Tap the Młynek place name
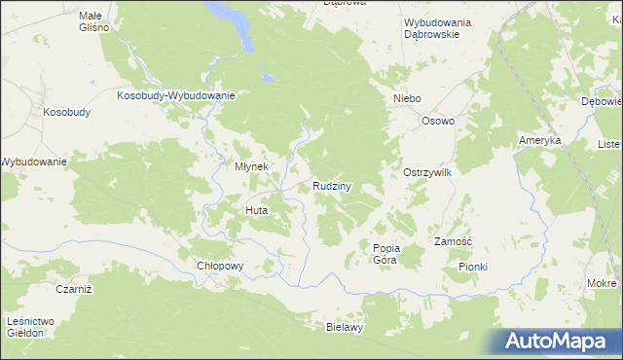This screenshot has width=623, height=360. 250,166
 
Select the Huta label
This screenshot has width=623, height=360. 256,210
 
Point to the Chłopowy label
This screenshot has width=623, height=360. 219,266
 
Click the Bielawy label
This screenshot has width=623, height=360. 344,328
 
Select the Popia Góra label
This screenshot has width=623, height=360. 386,254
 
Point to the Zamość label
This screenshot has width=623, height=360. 453,241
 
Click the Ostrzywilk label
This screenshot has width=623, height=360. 427,172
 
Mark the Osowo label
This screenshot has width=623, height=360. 438,121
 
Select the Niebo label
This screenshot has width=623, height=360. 406,99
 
